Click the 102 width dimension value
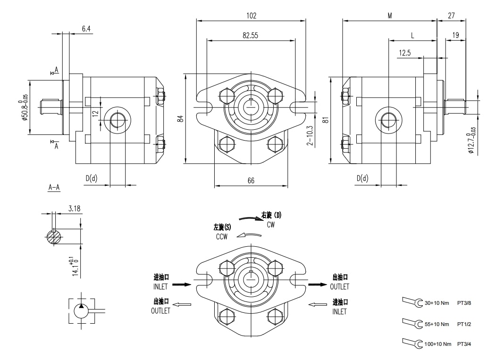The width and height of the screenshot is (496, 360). [x=251, y=16]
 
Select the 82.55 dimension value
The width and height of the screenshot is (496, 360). [x=251, y=36]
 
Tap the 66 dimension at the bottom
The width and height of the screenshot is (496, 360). [x=251, y=181]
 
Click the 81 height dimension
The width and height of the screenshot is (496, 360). [x=325, y=120]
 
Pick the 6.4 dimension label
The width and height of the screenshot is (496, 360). [x=86, y=29]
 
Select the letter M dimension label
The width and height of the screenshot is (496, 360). [x=390, y=16]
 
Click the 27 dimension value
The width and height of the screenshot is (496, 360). [x=451, y=16]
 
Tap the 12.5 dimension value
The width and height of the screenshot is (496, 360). [x=404, y=53]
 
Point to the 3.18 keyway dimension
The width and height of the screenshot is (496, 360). [x=74, y=208]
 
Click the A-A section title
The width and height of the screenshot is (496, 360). [x=54, y=187]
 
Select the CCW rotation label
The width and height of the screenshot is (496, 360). [x=222, y=237]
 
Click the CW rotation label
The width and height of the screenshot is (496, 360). [x=270, y=225]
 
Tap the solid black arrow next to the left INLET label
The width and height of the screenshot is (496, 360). [x=182, y=285]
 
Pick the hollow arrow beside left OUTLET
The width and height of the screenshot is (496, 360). [x=182, y=304]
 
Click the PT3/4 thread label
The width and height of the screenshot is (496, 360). [x=463, y=344]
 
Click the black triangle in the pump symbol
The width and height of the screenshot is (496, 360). [x=81, y=306]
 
